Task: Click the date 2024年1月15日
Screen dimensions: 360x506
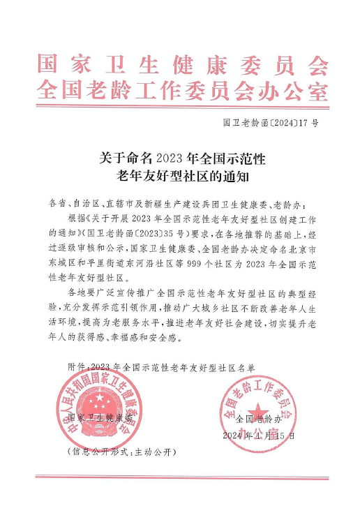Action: click(x=259, y=436)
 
